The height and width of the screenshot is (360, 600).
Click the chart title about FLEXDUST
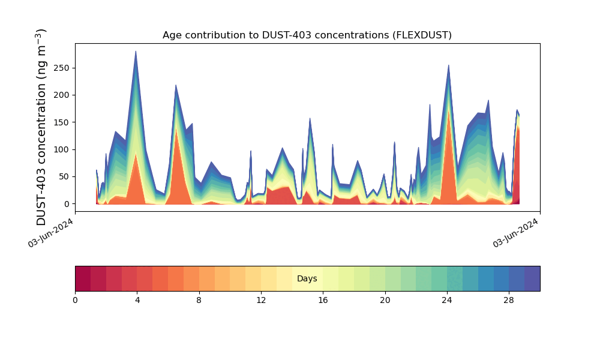tap(307, 35)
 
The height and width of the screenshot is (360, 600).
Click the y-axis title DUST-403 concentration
tap(41, 127)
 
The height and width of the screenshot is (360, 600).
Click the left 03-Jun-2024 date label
tap(50, 233)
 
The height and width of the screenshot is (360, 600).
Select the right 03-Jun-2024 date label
tap(515, 233)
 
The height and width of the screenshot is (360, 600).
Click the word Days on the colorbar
tap(307, 279)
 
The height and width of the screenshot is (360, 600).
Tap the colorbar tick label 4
tap(137, 300)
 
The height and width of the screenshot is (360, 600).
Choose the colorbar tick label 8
tap(199, 300)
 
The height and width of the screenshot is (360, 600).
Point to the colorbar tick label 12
tap(261, 300)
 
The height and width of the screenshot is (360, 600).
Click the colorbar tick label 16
tap(323, 300)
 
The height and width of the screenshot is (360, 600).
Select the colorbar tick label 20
tap(385, 300)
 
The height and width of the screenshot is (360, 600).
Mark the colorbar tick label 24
tap(447, 300)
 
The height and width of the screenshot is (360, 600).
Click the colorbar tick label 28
tap(509, 300)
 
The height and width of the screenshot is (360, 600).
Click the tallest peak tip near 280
tap(136, 52)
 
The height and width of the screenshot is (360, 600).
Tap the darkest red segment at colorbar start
tap(83, 278)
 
